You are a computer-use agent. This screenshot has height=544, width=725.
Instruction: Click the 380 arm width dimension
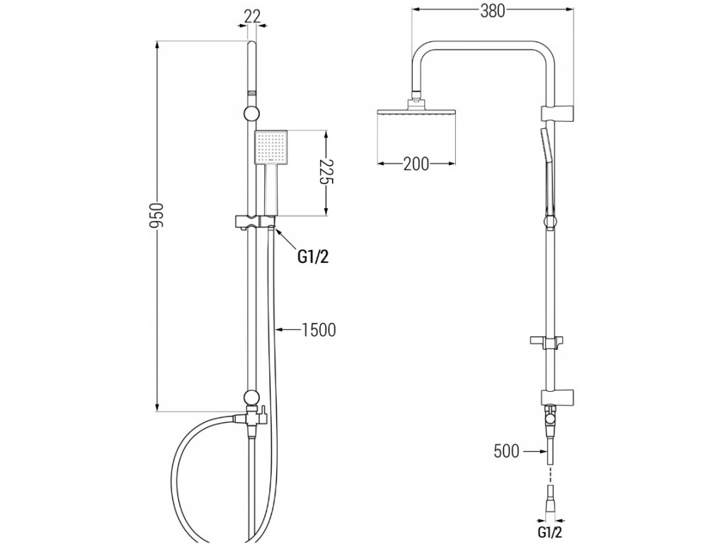(491, 11)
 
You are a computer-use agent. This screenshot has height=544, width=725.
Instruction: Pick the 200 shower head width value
(416, 164)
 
